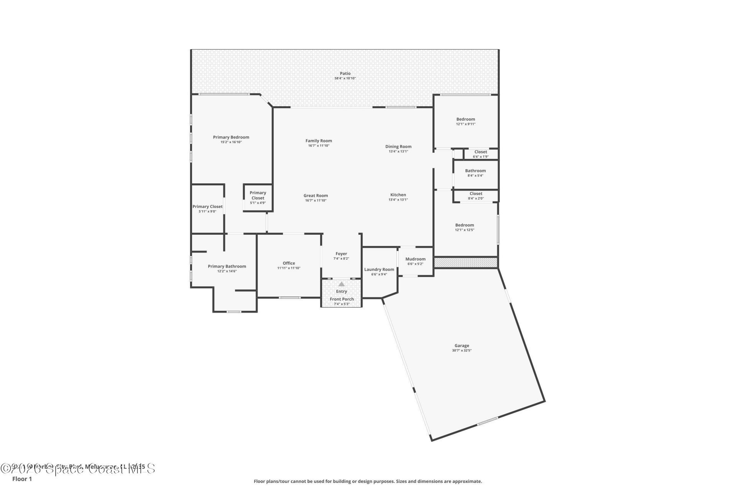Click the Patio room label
[x=345, y=73]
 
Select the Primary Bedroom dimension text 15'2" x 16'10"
[x=231, y=142]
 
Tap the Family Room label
[x=319, y=141]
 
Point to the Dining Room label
[x=398, y=147]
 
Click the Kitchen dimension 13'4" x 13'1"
[x=398, y=200]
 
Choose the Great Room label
[x=315, y=196]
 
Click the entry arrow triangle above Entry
[x=341, y=284]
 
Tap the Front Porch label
[x=342, y=299]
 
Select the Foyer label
[x=341, y=254]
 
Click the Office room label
[x=289, y=263]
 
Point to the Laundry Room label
[x=379, y=269]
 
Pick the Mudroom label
[x=416, y=259]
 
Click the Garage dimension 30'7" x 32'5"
[x=462, y=351]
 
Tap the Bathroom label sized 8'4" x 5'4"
[x=475, y=171]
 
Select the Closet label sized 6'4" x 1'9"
[x=481, y=152]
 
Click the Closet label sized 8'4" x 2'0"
[x=476, y=194]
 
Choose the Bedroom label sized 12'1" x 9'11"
[x=465, y=119]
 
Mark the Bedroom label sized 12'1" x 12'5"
[x=465, y=225]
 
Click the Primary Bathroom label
[x=227, y=266]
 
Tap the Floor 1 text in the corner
[x=22, y=479]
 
